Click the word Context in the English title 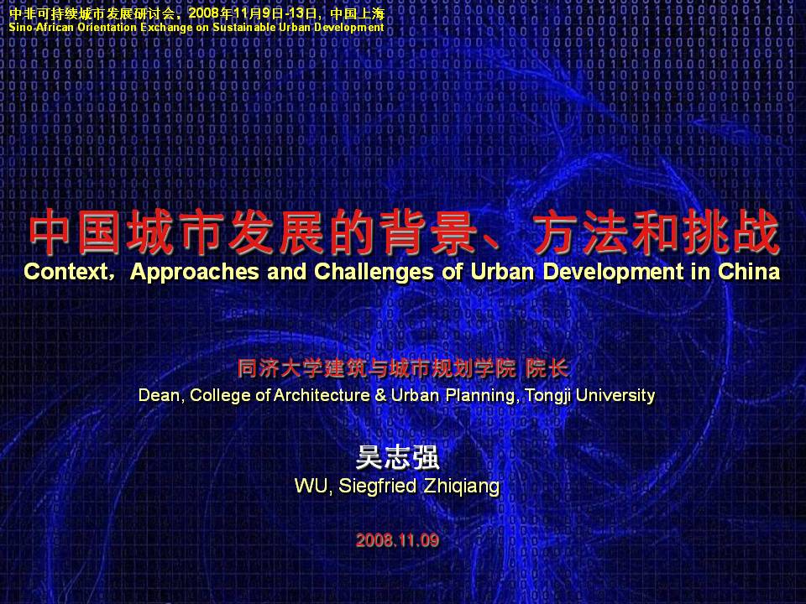click(65, 272)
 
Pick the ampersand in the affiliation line click(380, 395)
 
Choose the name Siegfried click(377, 486)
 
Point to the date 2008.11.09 click(397, 539)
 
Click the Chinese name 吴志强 click(398, 457)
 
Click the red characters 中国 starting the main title click(75, 233)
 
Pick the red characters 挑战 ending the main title click(731, 233)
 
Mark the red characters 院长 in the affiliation click(547, 368)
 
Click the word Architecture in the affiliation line click(322, 395)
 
